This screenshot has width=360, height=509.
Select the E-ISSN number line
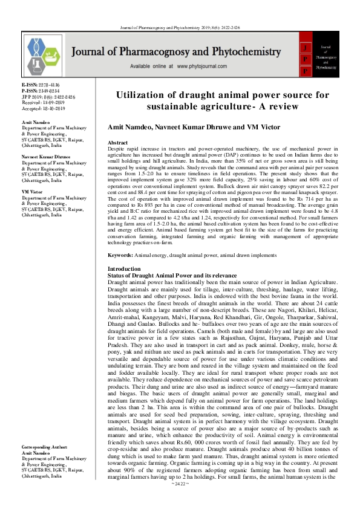click(41, 85)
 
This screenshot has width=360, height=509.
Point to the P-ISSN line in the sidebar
click(41, 90)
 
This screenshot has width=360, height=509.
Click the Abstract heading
click(117, 143)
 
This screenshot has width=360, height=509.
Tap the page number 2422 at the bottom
click(181, 501)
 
